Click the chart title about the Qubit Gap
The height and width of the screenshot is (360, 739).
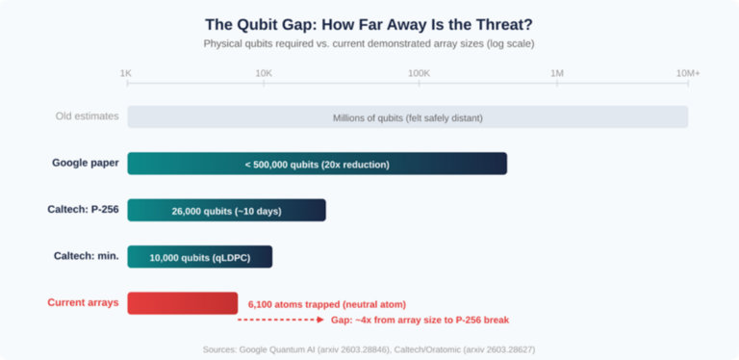pos(369,24)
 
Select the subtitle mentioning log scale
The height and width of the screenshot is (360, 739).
pos(369,43)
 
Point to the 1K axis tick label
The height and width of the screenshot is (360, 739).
pos(125,73)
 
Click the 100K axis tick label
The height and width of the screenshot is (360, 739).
pos(419,73)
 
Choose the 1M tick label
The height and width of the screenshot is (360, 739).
pos(557,73)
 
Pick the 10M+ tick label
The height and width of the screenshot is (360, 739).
pos(687,73)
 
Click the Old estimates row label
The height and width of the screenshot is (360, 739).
pos(87,116)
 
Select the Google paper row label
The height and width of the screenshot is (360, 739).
pos(86,163)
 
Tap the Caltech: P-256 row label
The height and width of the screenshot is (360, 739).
pos(83,209)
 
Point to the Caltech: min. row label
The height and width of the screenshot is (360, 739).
pos(86,255)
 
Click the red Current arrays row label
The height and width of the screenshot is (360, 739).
pos(83,302)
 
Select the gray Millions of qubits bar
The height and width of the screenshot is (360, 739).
pos(407,116)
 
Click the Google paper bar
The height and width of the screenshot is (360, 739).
pos(317,164)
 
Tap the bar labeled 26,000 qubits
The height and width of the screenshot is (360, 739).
pos(226,210)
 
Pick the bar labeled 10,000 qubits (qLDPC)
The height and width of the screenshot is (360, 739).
pos(199,257)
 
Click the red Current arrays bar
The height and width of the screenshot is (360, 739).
pos(182,303)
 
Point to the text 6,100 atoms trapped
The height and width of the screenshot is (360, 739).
pos(327,304)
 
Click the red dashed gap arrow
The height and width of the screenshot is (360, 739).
pos(280,319)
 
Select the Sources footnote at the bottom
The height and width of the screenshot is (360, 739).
pos(369,348)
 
